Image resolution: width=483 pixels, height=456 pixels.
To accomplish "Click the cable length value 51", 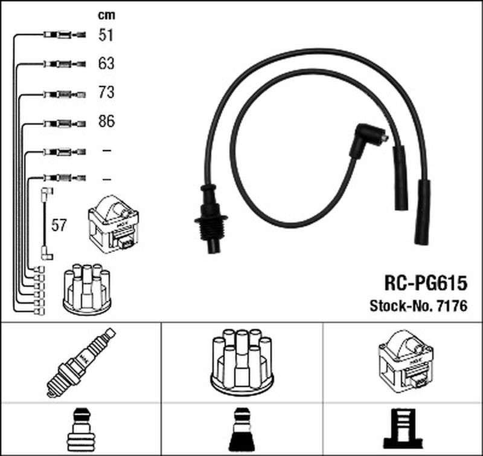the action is point(106,35).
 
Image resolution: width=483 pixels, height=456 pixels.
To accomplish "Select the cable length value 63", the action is point(106,64).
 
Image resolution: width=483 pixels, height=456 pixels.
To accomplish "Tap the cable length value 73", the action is point(106,93).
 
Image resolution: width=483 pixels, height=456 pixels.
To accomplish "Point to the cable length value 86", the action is point(107,121).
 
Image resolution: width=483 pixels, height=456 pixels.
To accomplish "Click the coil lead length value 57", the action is point(59,225).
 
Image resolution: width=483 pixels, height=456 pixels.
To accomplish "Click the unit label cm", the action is point(106,15).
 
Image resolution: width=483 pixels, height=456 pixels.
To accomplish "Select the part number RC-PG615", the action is point(426,283).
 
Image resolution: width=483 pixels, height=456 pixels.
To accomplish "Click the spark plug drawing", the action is point(81,362).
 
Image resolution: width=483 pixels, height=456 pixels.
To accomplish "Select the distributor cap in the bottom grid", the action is point(242,362).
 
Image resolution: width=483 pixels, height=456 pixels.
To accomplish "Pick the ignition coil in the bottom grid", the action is point(406,361).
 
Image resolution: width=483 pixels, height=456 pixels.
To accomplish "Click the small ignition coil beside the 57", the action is point(114,224).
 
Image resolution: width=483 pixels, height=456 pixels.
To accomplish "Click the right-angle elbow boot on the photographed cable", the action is point(368,142).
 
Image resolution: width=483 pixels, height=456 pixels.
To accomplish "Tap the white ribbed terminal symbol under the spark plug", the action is point(81,429).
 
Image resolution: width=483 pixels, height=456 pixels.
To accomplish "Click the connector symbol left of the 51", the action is point(65,34).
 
